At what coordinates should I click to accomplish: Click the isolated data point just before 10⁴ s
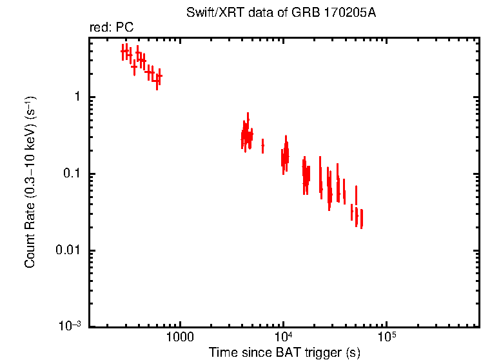click(262, 146)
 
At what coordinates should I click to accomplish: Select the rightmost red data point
click(362, 219)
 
